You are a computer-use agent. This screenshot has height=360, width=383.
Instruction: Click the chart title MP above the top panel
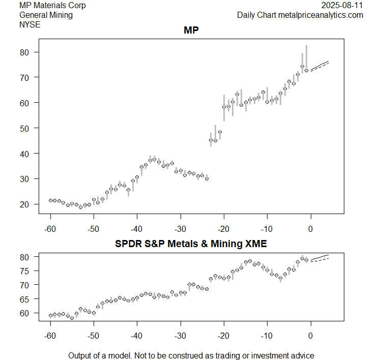tap(191, 31)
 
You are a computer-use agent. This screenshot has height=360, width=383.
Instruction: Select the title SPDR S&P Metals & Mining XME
tap(191, 244)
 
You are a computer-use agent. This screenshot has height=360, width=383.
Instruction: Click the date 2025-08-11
tap(343, 6)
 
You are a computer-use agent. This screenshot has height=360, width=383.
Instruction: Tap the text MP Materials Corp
tap(52, 6)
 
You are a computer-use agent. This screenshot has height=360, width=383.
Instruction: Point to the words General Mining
tap(46, 15)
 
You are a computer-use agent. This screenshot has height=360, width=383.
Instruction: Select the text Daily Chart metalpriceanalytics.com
tap(300, 15)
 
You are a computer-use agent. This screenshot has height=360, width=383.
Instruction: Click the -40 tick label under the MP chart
tap(137, 229)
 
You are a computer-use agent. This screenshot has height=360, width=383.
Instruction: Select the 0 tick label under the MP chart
tap(310, 229)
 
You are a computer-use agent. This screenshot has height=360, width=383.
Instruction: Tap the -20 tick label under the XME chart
tap(223, 336)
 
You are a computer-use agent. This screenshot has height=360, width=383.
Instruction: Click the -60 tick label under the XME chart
tap(50, 336)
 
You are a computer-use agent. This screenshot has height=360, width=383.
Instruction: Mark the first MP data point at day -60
tap(50, 200)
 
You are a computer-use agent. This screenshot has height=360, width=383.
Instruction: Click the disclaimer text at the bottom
tap(191, 355)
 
